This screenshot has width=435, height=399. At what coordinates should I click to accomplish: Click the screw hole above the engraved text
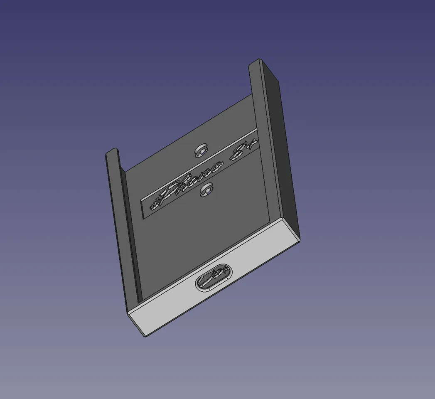click(x=202, y=150)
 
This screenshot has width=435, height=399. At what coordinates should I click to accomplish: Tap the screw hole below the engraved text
click(x=206, y=190)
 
